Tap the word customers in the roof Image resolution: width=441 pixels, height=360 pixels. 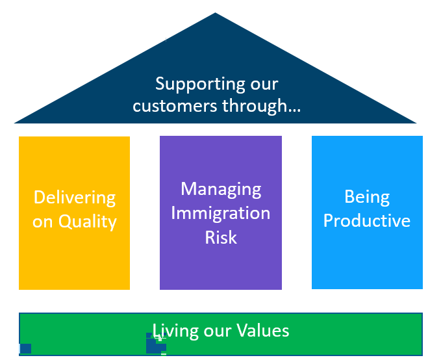(175, 106)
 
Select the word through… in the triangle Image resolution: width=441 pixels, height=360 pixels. (261, 107)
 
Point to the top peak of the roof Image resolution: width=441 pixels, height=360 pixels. (215, 12)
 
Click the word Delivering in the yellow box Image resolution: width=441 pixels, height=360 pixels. (75, 198)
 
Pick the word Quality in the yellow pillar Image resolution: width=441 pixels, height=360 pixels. (88, 222)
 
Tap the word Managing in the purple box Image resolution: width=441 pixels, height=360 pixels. (221, 190)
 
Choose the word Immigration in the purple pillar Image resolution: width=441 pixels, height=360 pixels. (221, 213)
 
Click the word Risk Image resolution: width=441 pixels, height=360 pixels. (221, 238)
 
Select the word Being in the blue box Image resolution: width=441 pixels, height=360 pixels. (367, 197)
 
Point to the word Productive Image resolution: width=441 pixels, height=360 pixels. (367, 220)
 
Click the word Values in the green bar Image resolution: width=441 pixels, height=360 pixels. (262, 331)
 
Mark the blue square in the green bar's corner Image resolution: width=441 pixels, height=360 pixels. (25, 348)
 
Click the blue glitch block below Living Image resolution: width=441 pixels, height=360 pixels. (155, 343)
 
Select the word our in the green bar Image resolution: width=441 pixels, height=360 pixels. (218, 331)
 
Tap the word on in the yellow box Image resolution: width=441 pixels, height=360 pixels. (42, 222)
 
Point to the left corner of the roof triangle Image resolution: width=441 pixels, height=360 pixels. (15, 123)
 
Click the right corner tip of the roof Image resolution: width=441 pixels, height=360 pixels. (416, 123)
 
